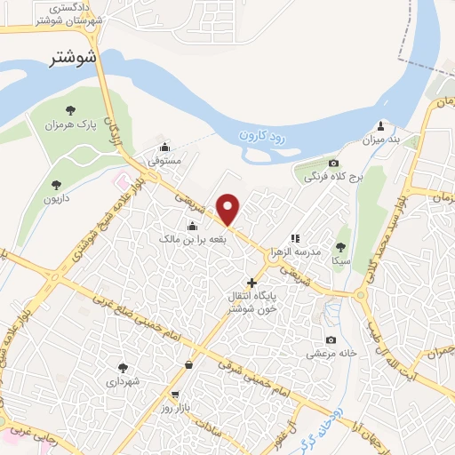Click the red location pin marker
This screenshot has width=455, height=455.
click(x=228, y=210)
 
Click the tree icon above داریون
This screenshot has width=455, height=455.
click(x=57, y=185)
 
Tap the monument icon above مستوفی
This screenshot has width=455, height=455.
click(x=164, y=148)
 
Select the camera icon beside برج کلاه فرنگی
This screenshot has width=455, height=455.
click(x=333, y=163)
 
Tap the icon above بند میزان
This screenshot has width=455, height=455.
click(x=382, y=125)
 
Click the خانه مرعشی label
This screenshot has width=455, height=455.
click(x=332, y=353)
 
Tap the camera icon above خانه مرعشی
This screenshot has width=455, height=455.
click(x=331, y=339)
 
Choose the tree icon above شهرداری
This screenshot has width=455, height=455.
click(x=123, y=366)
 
